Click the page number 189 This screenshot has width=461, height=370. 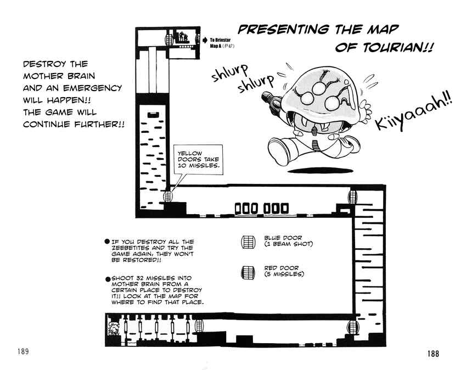(23, 351)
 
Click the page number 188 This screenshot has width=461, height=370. (433, 353)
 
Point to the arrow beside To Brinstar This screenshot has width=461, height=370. (205, 40)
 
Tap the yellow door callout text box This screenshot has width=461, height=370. (198, 160)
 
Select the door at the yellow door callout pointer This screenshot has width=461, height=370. (167, 195)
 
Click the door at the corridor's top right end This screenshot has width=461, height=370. (352, 196)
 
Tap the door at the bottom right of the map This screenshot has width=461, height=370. (352, 327)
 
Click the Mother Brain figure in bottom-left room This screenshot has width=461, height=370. (113, 329)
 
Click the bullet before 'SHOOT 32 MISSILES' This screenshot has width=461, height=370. (108, 278)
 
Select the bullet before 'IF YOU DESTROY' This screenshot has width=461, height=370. (107, 242)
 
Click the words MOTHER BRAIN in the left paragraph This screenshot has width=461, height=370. (59, 76)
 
